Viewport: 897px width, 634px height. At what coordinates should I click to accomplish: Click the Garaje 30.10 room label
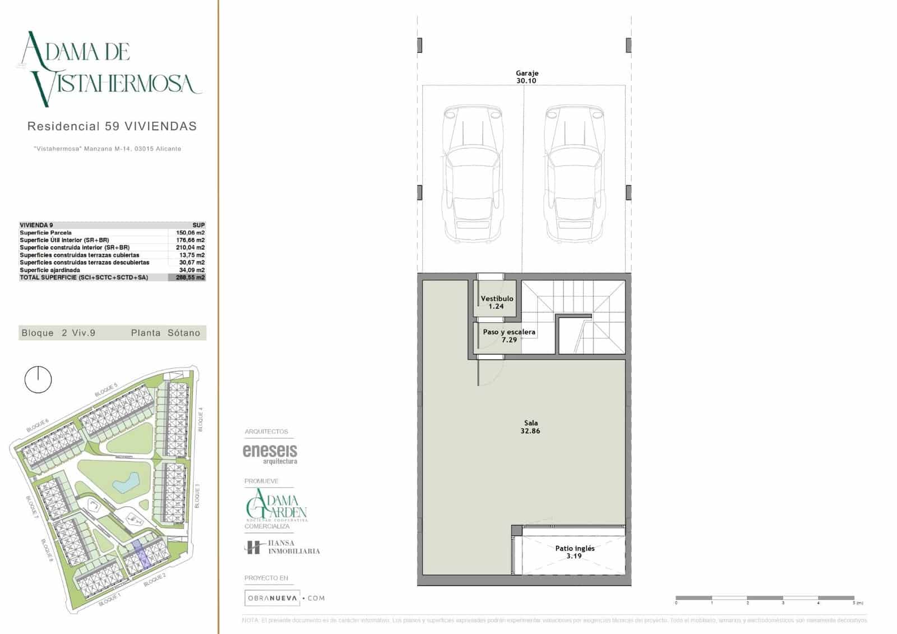coord(526,77)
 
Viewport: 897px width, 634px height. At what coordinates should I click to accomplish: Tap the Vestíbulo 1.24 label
coord(496,302)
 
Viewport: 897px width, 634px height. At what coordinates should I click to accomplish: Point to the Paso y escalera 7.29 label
coord(509,336)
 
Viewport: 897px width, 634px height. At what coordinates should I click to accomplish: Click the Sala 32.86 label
coord(530,427)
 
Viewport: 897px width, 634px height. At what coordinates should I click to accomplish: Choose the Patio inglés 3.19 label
coord(575,552)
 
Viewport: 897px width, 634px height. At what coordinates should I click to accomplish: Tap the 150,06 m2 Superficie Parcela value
coord(190,232)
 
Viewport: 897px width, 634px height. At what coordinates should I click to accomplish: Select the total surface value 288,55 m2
coord(190,277)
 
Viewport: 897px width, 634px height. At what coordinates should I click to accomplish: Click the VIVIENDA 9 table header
coord(36,225)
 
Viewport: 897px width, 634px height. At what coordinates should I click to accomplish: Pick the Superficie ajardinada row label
coord(50,270)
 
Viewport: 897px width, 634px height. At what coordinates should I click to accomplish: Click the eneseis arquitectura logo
coord(270,453)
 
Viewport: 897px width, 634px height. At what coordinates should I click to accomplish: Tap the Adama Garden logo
coord(276,505)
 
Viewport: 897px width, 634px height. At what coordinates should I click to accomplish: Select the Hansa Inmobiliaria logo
coord(282,547)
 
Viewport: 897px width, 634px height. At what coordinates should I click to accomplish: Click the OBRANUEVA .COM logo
coord(284,598)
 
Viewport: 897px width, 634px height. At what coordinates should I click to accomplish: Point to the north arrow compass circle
coord(38,380)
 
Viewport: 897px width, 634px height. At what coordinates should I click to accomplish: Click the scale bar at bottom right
coord(765,598)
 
